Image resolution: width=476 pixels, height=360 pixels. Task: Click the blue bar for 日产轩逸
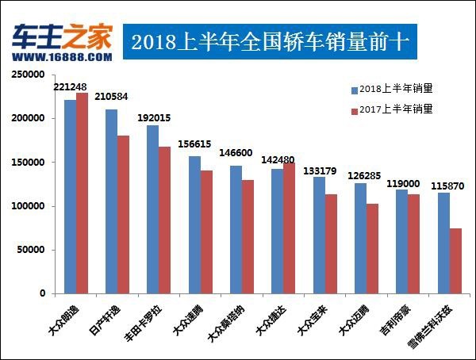pos(112,201)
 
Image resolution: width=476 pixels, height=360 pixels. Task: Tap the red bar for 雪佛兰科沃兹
pos(455,261)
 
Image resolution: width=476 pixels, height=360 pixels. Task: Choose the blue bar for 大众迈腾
pos(360,238)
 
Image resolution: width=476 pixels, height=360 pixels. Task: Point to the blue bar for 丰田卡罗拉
pos(153,209)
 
